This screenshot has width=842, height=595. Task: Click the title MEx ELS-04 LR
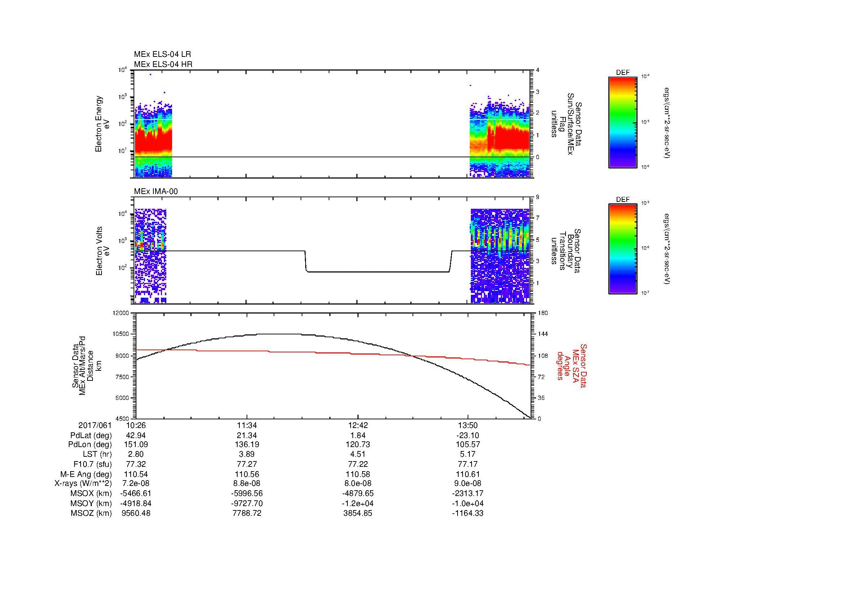pyautogui.click(x=162, y=54)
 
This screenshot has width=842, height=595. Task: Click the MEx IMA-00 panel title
pyautogui.click(x=156, y=191)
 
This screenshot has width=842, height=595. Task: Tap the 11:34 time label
pyautogui.click(x=247, y=425)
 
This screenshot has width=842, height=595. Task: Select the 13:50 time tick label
pyautogui.click(x=468, y=425)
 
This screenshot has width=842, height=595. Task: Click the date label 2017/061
pyautogui.click(x=95, y=425)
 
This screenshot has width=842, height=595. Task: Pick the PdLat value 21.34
pyautogui.click(x=247, y=436)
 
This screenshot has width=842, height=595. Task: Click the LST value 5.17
pyautogui.click(x=468, y=454)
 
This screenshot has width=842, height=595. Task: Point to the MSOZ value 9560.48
pyautogui.click(x=136, y=513)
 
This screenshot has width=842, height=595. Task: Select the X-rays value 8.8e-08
pyautogui.click(x=247, y=483)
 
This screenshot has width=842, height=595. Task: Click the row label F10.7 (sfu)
pyautogui.click(x=93, y=464)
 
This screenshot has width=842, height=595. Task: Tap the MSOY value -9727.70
pyautogui.click(x=247, y=503)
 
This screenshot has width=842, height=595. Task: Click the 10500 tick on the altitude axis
pyautogui.click(x=121, y=334)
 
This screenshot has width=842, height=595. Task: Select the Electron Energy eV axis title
pyautogui.click(x=102, y=124)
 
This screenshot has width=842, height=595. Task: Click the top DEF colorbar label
pyautogui.click(x=622, y=73)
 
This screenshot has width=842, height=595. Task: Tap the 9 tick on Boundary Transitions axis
pyautogui.click(x=537, y=197)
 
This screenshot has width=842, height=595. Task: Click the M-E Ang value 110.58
pyautogui.click(x=357, y=474)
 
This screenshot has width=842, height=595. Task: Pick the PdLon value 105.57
pyautogui.click(x=468, y=444)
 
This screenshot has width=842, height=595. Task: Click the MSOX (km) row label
pyautogui.click(x=91, y=493)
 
